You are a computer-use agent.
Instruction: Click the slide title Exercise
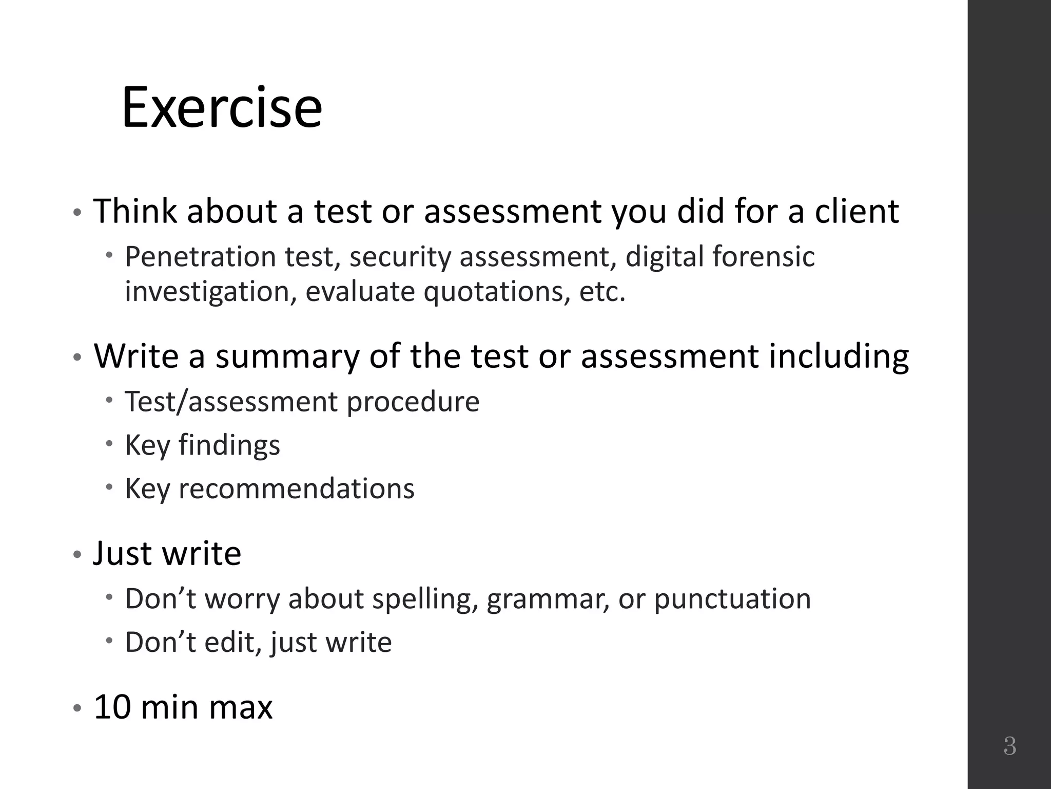pos(222,108)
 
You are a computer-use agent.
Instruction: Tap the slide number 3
pos(1009,746)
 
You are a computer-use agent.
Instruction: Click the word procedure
pos(413,401)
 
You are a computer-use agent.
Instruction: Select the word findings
pos(229,445)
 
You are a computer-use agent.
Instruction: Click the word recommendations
pos(296,488)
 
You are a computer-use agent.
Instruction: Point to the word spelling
pos(421,599)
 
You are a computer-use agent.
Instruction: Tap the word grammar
pos(548,599)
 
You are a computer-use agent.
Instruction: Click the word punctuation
pos(732,599)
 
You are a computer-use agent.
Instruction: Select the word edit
pos(232,642)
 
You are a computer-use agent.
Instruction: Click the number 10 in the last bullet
pos(112,707)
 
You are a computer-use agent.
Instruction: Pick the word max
pos(241,707)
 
